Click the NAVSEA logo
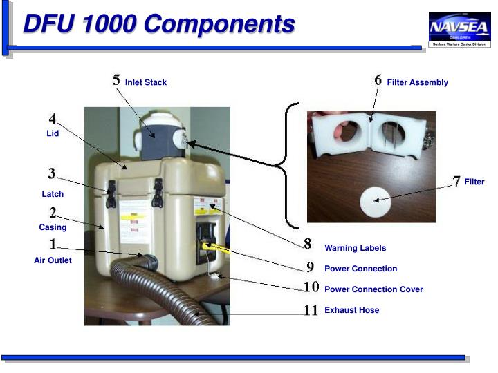pyautogui.click(x=460, y=30)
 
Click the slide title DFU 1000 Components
pyautogui.click(x=159, y=24)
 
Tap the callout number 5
pyautogui.click(x=116, y=80)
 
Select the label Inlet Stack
pyautogui.click(x=146, y=82)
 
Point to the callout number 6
pyautogui.click(x=378, y=80)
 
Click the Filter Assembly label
pyautogui.click(x=417, y=82)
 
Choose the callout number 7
pyautogui.click(x=456, y=181)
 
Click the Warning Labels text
pyautogui.click(x=355, y=248)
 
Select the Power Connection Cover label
pyautogui.click(x=373, y=289)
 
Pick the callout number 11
pyautogui.click(x=311, y=310)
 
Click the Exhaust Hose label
pyautogui.click(x=351, y=310)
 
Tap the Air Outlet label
pyautogui.click(x=53, y=260)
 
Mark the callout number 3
pyautogui.click(x=52, y=173)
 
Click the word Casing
pyautogui.click(x=53, y=227)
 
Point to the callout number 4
pyautogui.click(x=53, y=119)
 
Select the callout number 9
pyautogui.click(x=311, y=267)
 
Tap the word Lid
pyautogui.click(x=53, y=133)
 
